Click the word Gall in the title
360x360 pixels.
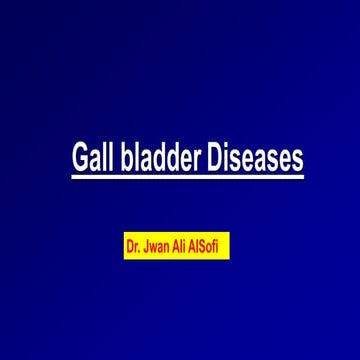pos(93,158)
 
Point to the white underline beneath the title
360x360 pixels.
pos(186,178)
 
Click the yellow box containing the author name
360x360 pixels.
pos(177,244)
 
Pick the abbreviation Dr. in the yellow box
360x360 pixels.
pos(133,244)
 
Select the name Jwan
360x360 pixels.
pos(159,244)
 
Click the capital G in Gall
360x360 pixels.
pos(81,158)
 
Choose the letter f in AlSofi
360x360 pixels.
pos(224,244)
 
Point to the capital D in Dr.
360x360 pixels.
pos(129,244)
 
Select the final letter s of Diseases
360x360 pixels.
pos(296,160)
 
